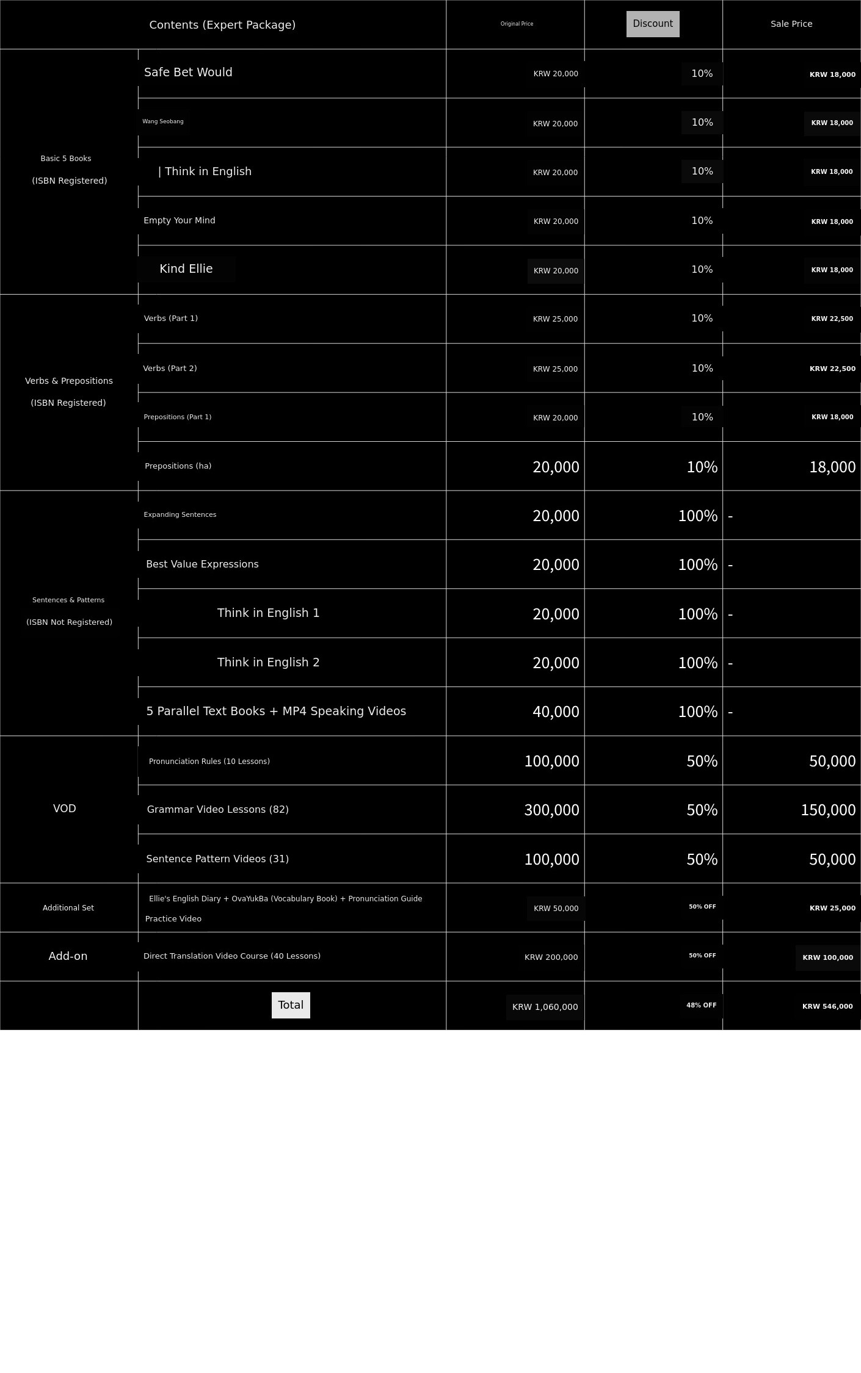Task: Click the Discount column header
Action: [x=653, y=24]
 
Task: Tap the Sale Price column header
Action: [x=791, y=24]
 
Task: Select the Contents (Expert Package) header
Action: [x=222, y=25]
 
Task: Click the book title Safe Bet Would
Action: [x=188, y=72]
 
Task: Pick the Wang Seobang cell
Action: [x=163, y=121]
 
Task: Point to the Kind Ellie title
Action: [x=186, y=268]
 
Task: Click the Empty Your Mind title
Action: [x=180, y=220]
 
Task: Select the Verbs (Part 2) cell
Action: [x=170, y=368]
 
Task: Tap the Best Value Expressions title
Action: [x=202, y=564]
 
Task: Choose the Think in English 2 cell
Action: [x=268, y=662]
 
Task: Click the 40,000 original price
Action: [x=556, y=712]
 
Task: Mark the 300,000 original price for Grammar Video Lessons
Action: [x=551, y=810]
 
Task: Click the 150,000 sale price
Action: [x=828, y=810]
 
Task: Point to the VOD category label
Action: [x=65, y=809]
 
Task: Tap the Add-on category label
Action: [x=68, y=956]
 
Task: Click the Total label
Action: [x=291, y=1005]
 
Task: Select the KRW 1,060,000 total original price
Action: [x=545, y=1007]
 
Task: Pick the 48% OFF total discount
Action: [x=701, y=1005]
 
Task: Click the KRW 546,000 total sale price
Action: [x=827, y=1006]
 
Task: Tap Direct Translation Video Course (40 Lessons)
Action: [x=232, y=956]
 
